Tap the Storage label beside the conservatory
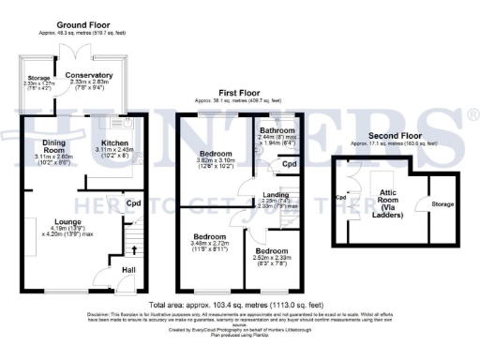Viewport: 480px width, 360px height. [x=38, y=77]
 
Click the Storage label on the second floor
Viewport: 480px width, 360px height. [x=442, y=204]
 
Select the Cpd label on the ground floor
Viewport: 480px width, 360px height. [x=134, y=202]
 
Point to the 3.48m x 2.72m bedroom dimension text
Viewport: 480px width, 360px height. [x=211, y=243]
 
